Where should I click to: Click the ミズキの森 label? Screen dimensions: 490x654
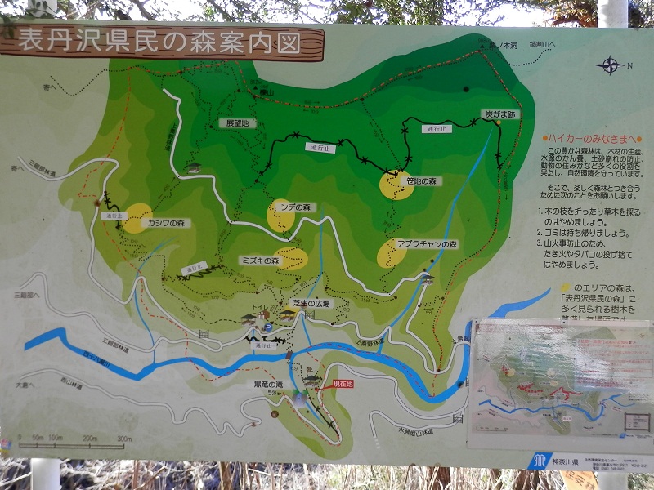click(x=260, y=261)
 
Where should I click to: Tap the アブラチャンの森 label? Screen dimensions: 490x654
click(x=427, y=244)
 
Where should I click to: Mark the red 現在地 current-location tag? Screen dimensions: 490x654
click(x=344, y=383)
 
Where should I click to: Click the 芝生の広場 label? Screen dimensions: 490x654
click(x=313, y=304)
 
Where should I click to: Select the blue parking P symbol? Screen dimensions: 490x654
click(x=267, y=327)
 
